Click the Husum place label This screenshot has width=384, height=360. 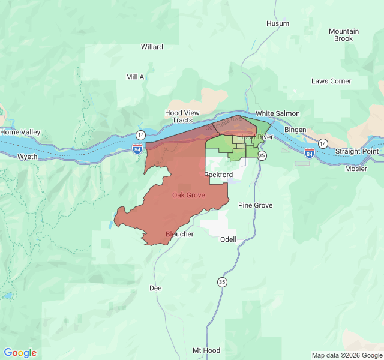coord(277,23)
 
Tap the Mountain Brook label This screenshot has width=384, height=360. coord(344,35)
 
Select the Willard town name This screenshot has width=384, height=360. coord(152,47)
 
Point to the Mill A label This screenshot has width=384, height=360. coord(135,77)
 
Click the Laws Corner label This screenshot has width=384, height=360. coord(331,81)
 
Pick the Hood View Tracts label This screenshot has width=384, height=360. coord(182,116)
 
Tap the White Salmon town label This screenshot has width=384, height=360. coord(277,113)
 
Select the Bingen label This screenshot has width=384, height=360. coord(295,130)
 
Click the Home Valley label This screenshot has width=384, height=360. coord(20,132)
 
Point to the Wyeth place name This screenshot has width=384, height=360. coord(27,157)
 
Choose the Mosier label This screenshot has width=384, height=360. coord(356,169)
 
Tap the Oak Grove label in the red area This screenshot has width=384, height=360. coord(188,195)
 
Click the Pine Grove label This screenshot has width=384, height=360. coord(255,205)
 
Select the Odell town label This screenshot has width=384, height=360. coord(228,239)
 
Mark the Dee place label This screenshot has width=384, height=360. coord(155,288)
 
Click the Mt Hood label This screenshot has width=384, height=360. coord(206,350)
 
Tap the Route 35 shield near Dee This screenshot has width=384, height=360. coord(223,282)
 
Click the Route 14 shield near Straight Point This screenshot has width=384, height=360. coord(323,143)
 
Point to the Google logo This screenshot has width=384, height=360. coord(20,353)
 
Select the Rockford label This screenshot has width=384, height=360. coord(218,175)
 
